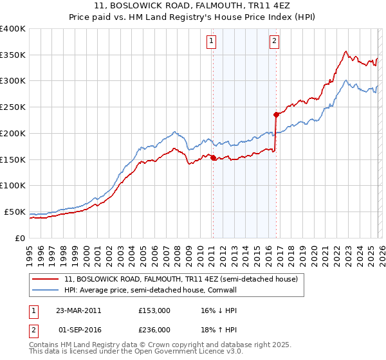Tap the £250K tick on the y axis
[13, 107]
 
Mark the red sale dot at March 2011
[213, 157]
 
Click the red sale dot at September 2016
[275, 114]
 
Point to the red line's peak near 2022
[346, 51]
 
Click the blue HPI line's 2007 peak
[176, 132]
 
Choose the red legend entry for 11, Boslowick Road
[181, 280]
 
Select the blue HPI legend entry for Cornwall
[160, 291]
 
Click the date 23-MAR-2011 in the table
[78, 310]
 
